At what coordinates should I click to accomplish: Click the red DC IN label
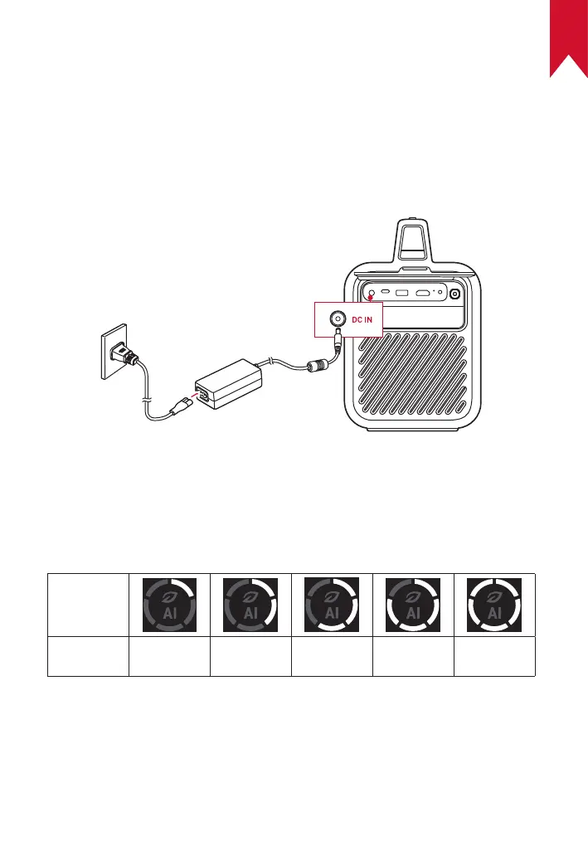click(362, 319)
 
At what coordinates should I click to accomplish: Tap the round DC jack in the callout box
click(338, 318)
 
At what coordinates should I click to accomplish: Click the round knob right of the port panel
click(454, 293)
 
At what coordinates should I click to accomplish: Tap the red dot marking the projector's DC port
click(370, 299)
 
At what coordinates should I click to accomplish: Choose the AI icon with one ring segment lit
click(169, 603)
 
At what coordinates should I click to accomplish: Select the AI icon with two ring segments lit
click(250, 603)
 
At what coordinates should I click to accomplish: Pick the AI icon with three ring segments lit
click(332, 603)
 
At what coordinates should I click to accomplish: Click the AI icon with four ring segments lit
click(413, 603)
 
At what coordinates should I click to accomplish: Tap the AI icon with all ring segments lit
click(494, 603)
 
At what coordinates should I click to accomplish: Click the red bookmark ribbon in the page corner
click(568, 37)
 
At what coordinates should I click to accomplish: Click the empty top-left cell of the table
click(88, 603)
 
